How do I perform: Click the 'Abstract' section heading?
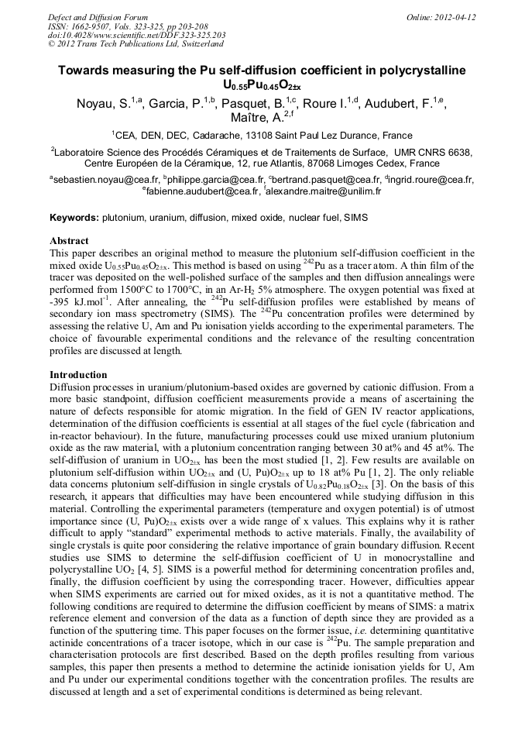69,241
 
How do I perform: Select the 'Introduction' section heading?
78,375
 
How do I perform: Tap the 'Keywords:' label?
74,218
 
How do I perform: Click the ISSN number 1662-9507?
92,26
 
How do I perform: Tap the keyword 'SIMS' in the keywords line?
355,218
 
